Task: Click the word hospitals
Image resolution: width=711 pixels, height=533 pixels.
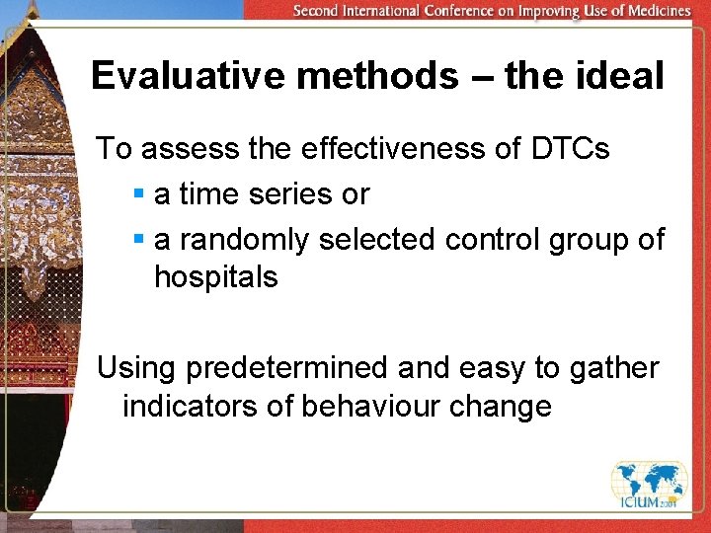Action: (x=216, y=277)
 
